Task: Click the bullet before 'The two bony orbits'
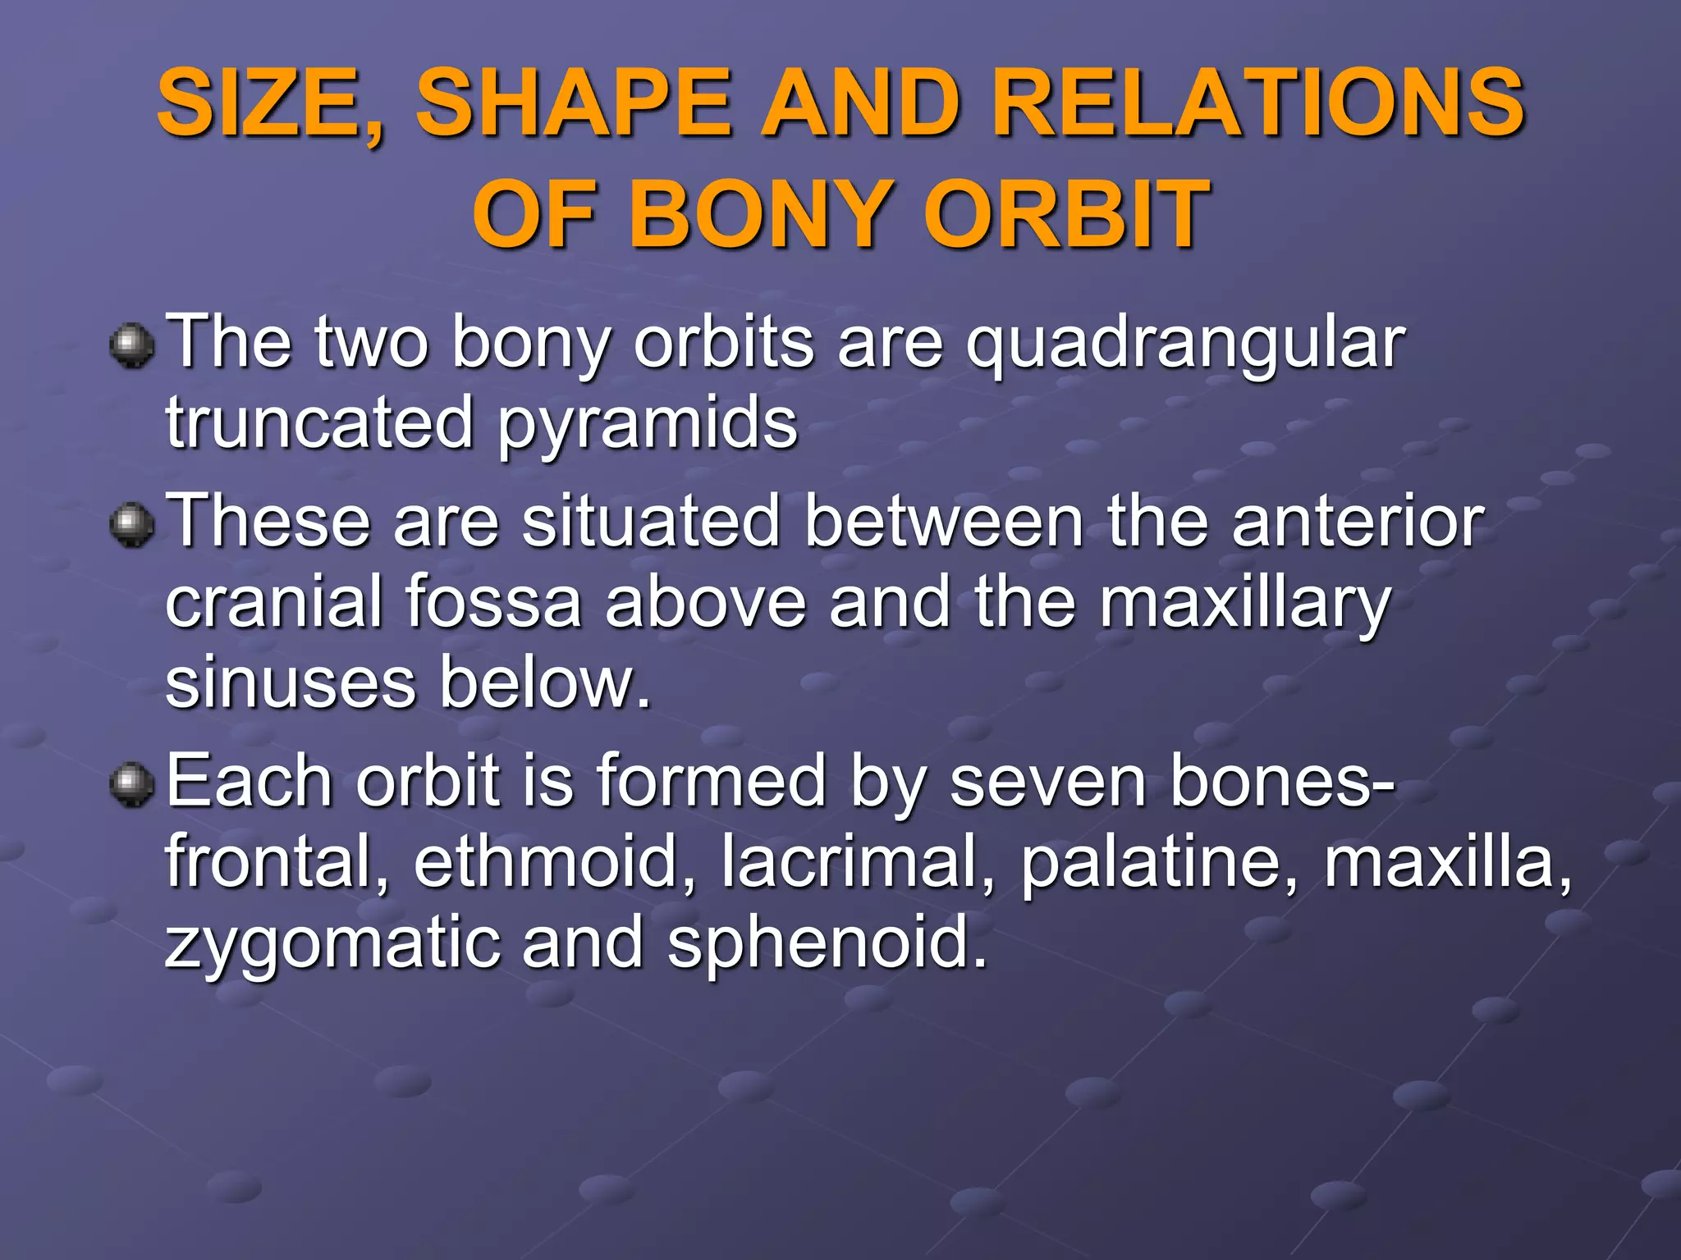point(131,345)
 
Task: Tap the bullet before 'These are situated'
point(131,524)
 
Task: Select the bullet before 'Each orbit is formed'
point(131,784)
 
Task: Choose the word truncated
point(319,423)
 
